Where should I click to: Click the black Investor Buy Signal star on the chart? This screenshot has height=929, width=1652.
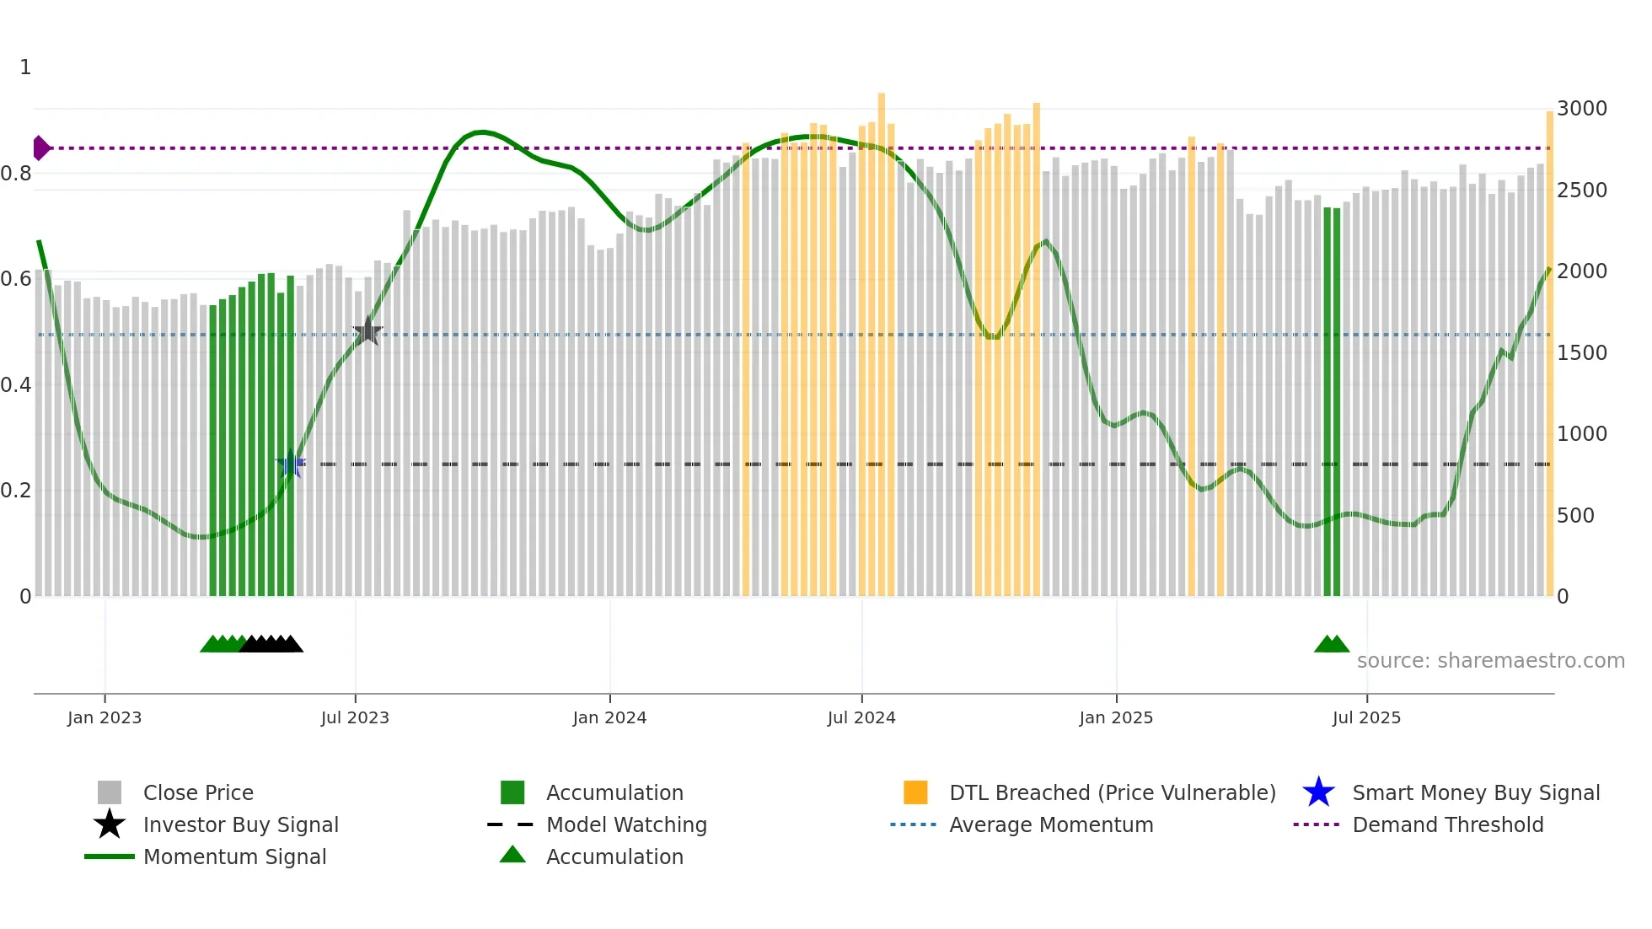coord(367,331)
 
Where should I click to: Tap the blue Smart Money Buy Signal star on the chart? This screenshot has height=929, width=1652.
coord(291,464)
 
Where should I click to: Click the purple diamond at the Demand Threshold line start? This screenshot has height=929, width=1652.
coord(40,148)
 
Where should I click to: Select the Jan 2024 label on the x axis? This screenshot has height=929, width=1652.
coord(609,717)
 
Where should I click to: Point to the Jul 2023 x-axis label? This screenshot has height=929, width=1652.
coord(355,717)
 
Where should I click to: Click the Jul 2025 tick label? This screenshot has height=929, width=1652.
coord(1366,717)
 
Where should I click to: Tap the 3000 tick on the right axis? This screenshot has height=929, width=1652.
coord(1582,109)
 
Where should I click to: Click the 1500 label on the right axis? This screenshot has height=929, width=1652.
coord(1582,352)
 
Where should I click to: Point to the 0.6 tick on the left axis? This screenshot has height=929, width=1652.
coord(16,279)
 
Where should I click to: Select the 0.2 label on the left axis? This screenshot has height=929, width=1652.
coord(16,491)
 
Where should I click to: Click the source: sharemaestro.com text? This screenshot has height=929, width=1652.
coord(1490,660)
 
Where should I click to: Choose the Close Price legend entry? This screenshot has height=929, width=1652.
coord(198,792)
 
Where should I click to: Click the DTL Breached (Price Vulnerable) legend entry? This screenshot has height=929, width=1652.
coord(1112,792)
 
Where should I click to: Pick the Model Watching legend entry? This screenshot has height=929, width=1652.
coord(626,824)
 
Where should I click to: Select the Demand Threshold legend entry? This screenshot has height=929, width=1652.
coord(1447,824)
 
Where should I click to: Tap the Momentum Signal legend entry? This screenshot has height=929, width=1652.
coord(234,857)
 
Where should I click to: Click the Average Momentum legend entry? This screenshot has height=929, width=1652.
coord(1050,824)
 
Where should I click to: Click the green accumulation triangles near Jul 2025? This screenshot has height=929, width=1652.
coord(1332,644)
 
